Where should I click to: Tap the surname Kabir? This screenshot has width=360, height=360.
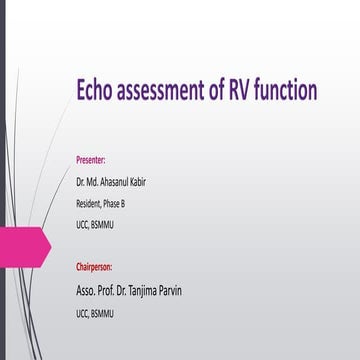149,182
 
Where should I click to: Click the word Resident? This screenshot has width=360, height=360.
89,204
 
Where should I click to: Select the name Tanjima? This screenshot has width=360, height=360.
154,263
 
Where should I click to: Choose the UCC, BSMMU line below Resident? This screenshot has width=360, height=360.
95,225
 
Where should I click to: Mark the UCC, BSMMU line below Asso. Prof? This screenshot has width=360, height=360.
95,286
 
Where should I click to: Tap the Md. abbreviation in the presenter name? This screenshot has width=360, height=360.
97,182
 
